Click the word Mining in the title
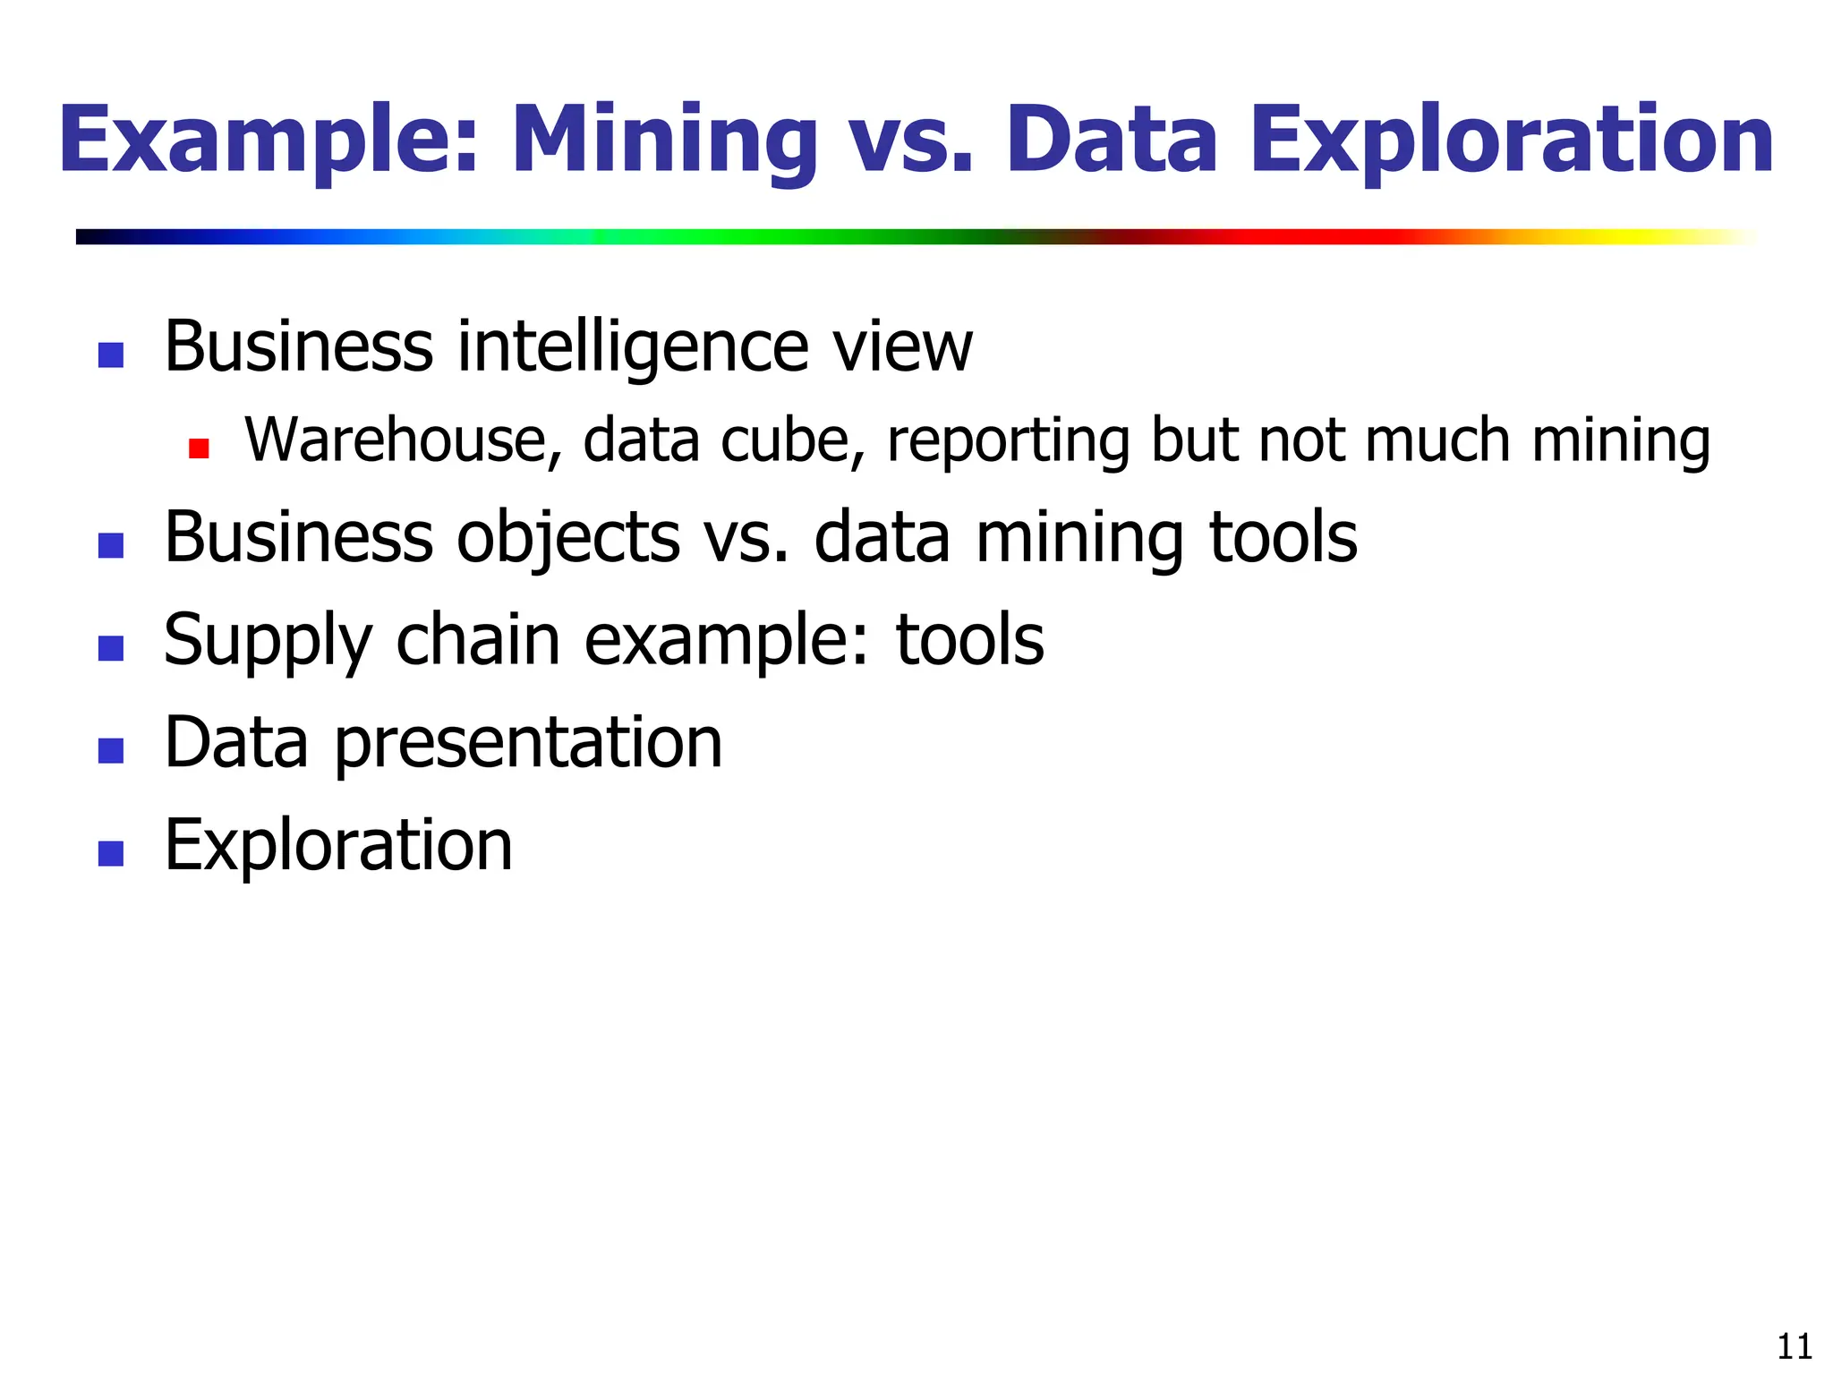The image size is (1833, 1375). (663, 141)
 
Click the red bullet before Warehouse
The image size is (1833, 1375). (199, 448)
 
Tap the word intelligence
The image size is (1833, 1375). (632, 347)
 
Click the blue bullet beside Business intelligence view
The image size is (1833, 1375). (110, 355)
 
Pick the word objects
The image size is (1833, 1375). (568, 539)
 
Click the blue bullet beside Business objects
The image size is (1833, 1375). (110, 545)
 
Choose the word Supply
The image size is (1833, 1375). (269, 642)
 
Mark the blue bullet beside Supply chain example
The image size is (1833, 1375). (110, 647)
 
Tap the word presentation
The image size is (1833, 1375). (528, 744)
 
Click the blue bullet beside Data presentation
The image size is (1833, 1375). (110, 750)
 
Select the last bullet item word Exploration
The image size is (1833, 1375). (338, 845)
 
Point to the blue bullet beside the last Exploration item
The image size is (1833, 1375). (110, 852)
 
